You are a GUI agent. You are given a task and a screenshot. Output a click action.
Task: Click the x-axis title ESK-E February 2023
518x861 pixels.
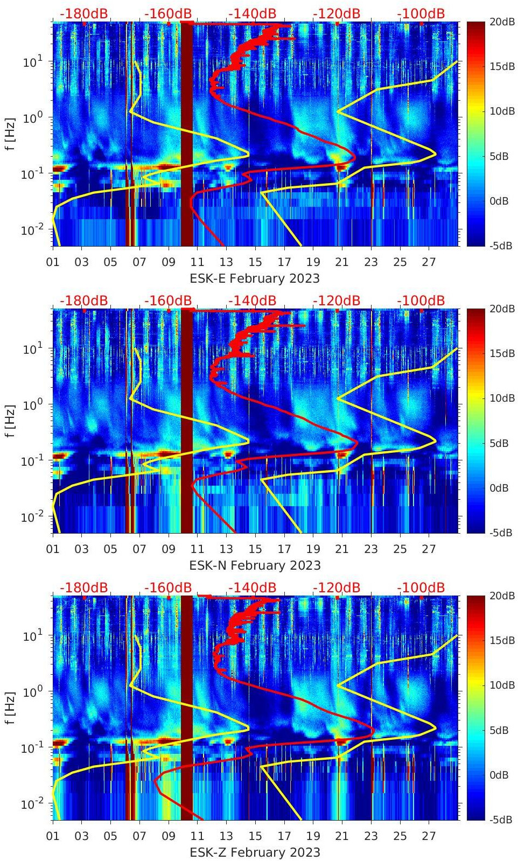(x=255, y=278)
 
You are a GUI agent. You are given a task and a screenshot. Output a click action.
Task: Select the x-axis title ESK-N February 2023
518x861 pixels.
(x=255, y=565)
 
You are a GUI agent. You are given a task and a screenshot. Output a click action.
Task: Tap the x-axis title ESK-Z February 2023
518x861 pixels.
(x=255, y=852)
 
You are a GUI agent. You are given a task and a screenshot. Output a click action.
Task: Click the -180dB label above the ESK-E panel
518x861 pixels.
(x=83, y=13)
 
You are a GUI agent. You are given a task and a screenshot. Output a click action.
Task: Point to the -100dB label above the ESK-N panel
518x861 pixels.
(x=421, y=300)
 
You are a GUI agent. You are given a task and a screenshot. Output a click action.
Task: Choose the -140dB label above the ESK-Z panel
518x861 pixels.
(x=252, y=587)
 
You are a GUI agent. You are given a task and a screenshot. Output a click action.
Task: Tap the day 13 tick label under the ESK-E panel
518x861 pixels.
(x=226, y=262)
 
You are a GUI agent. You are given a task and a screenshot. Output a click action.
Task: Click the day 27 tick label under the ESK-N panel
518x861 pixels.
(x=429, y=549)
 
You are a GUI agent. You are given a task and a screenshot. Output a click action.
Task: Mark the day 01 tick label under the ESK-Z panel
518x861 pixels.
(x=53, y=836)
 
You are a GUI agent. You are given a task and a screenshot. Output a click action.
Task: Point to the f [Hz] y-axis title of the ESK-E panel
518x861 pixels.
(x=11, y=134)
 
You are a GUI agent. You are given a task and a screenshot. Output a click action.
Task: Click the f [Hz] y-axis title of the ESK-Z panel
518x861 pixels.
(x=11, y=708)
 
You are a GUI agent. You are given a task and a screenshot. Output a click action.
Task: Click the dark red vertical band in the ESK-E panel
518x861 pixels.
(x=186, y=135)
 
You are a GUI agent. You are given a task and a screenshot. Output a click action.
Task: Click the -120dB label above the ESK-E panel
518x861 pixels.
(x=337, y=13)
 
